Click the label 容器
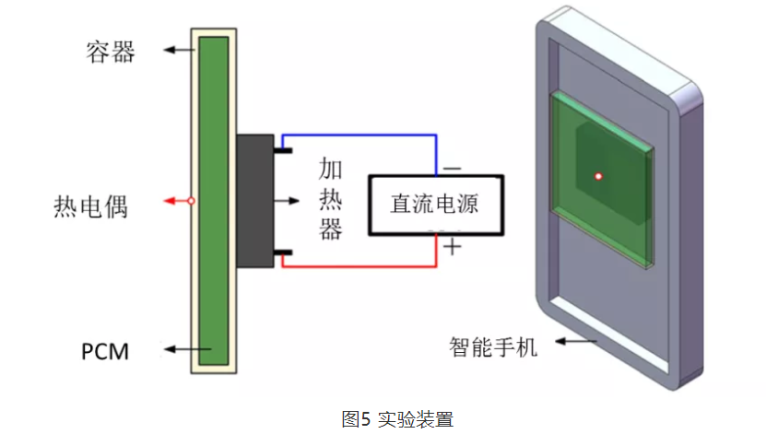110,52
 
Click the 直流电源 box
435,203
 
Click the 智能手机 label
493,347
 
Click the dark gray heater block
255,200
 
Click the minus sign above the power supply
452,168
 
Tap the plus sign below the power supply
452,247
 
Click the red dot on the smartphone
597,176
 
